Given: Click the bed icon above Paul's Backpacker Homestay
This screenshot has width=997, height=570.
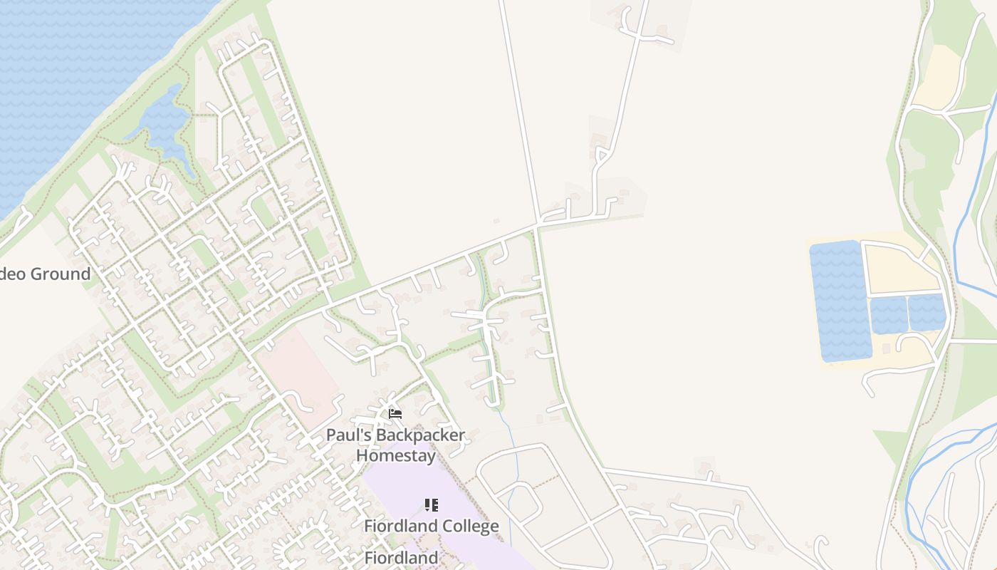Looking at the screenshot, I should point(395,413).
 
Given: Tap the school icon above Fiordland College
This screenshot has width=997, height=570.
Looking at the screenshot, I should point(431,505).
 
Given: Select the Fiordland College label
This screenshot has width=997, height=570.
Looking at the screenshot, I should point(431,527).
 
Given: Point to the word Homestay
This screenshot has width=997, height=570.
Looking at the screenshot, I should point(395,455).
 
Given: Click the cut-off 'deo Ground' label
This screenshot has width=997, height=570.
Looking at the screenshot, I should point(46,274).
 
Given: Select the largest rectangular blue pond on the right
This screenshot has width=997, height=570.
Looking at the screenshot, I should point(840,299).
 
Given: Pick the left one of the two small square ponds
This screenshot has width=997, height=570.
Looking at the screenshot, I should point(888,314).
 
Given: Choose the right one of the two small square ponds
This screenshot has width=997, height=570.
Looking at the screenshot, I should point(926,312).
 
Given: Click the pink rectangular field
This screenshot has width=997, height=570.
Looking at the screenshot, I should point(299,370).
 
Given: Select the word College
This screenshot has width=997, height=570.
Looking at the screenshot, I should point(466,527).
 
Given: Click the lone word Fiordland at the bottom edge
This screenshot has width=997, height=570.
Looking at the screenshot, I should point(401,557).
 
